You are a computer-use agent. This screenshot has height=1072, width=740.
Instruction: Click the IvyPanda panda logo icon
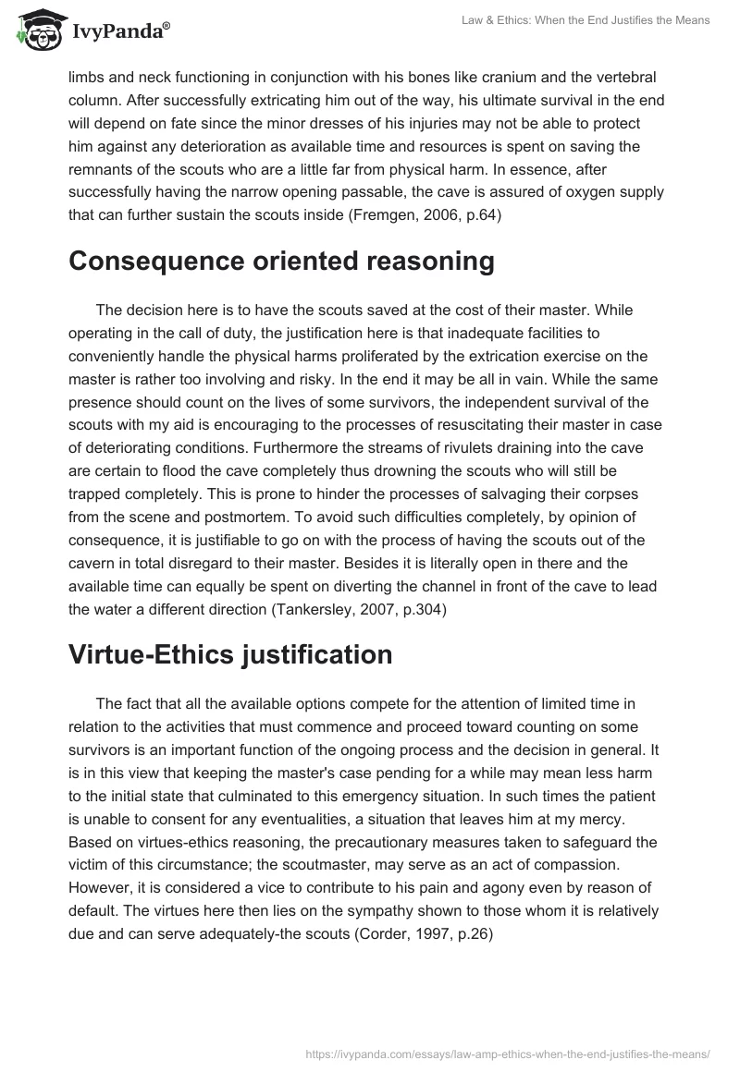click(37, 30)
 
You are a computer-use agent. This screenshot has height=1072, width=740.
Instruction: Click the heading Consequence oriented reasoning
click(281, 262)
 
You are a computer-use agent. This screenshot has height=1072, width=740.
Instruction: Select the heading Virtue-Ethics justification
click(230, 654)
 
